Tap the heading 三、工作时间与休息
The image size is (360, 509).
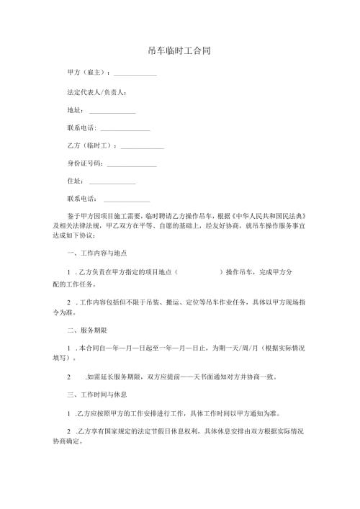point(96,395)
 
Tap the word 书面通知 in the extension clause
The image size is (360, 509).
point(215,377)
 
